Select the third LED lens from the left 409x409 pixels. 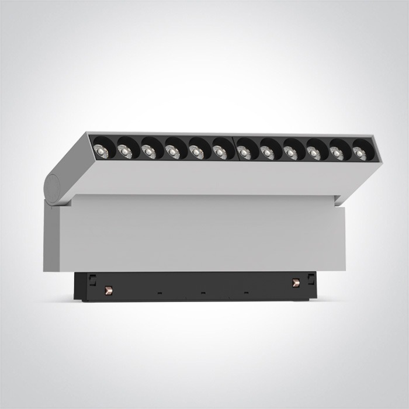(149, 150)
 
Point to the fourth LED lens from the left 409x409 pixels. (173, 151)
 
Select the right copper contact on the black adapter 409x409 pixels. (294, 282)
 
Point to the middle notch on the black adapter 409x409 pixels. (203, 291)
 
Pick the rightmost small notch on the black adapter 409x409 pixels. (245, 290)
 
